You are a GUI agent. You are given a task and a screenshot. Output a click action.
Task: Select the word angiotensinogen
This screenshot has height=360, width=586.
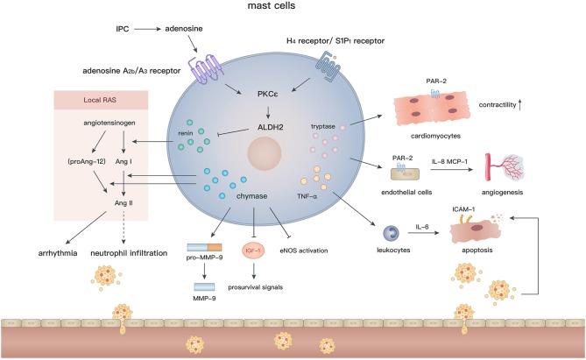[x=104, y=124]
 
